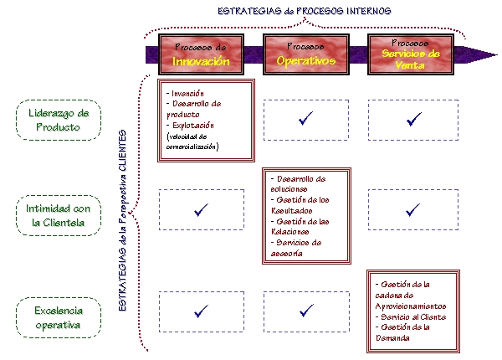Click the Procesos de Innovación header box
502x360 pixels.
(x=201, y=54)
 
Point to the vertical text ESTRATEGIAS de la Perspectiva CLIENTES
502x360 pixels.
(x=122, y=221)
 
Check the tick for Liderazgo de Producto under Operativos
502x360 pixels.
(x=305, y=120)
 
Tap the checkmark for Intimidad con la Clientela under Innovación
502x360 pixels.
(x=201, y=209)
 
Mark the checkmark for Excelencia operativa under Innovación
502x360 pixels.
(x=201, y=311)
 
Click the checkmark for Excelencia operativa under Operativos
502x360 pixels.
(x=305, y=311)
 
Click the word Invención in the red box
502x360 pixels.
(x=189, y=92)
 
